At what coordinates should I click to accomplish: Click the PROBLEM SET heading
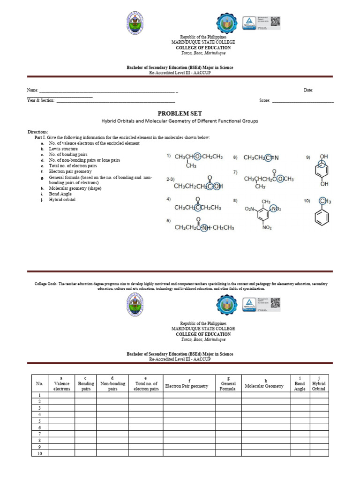pyautogui.click(x=180, y=113)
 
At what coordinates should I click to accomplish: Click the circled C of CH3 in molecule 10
pyautogui.click(x=322, y=201)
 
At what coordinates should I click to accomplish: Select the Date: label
pyautogui.click(x=308, y=90)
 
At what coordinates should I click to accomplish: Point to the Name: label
pyautogui.click(x=32, y=90)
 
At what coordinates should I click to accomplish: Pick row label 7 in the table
pyautogui.click(x=39, y=434)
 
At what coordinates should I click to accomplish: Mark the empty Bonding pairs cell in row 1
pyautogui.click(x=85, y=395)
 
